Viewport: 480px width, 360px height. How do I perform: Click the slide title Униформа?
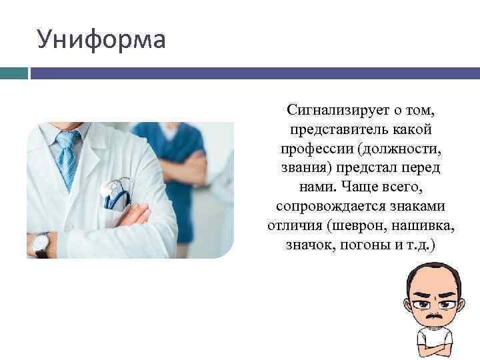click(x=101, y=39)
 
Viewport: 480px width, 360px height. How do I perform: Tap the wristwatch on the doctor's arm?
click(x=41, y=245)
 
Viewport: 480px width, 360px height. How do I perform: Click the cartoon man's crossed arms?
click(x=435, y=348)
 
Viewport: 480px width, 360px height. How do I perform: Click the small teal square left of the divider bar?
click(x=13, y=73)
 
